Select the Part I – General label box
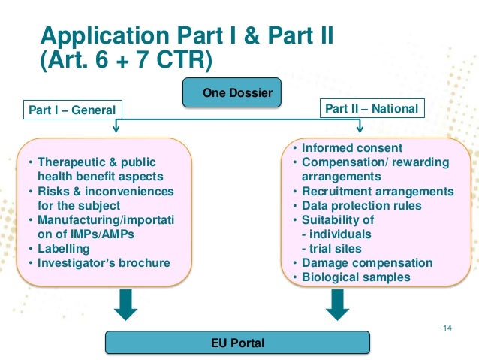coord(72,110)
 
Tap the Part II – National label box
coord(371,109)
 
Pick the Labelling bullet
coord(64,249)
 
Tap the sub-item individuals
coord(337,234)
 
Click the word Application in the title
coord(104,35)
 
